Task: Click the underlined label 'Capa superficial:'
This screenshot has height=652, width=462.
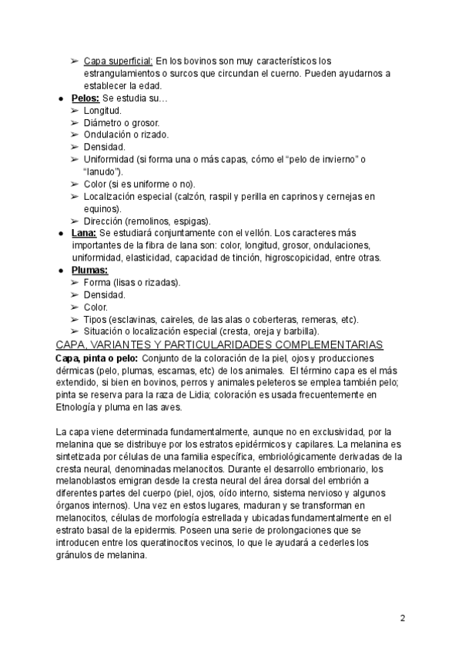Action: (x=119, y=61)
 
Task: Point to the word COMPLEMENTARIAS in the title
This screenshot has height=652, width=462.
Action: (x=333, y=344)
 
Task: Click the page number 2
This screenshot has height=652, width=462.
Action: (x=403, y=618)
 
